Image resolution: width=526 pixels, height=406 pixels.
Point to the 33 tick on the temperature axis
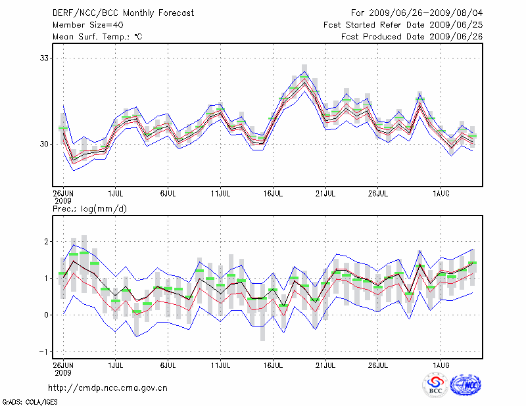[45, 58]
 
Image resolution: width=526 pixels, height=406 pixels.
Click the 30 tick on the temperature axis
[45, 144]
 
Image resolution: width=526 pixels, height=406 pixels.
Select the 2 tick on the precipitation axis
[48, 242]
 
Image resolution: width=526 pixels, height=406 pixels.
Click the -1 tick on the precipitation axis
[45, 351]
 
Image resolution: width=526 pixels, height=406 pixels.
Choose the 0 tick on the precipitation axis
[48, 315]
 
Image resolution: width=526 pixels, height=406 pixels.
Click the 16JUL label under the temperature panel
[273, 193]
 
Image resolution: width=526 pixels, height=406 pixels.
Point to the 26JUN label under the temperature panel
[63, 193]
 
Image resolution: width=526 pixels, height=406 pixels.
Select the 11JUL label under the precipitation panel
[220, 363]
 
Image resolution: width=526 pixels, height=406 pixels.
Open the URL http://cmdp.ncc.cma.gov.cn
[108, 388]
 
